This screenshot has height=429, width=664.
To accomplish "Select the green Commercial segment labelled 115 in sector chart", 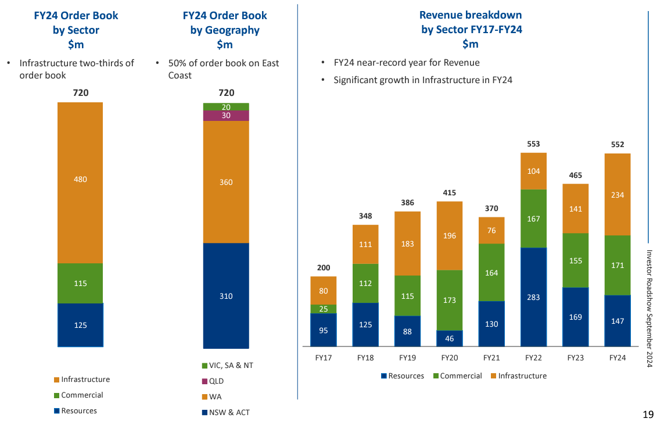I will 80,283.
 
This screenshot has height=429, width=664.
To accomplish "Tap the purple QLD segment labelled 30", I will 226,116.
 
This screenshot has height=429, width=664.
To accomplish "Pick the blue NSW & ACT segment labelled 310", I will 226,296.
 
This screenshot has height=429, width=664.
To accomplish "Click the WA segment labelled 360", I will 226,182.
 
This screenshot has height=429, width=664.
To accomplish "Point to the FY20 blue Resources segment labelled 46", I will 449,338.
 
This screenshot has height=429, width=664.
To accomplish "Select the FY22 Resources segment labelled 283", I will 533,297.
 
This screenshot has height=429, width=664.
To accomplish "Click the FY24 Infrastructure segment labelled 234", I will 618,195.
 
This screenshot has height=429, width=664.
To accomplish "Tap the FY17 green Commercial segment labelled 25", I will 323,309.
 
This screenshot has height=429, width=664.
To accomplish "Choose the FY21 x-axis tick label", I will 491,358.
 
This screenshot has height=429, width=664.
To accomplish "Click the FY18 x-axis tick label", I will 365,358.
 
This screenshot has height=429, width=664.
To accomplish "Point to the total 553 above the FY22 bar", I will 533,144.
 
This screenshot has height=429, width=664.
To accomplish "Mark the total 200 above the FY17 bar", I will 323,267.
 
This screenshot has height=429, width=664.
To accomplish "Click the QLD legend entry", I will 213,381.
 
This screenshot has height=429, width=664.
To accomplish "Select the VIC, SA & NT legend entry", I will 227,366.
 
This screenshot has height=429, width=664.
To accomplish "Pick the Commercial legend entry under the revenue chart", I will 457,376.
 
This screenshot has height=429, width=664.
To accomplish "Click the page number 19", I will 648,414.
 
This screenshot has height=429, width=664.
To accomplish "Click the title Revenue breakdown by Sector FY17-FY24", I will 471,30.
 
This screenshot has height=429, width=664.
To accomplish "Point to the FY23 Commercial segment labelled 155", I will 575,260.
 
